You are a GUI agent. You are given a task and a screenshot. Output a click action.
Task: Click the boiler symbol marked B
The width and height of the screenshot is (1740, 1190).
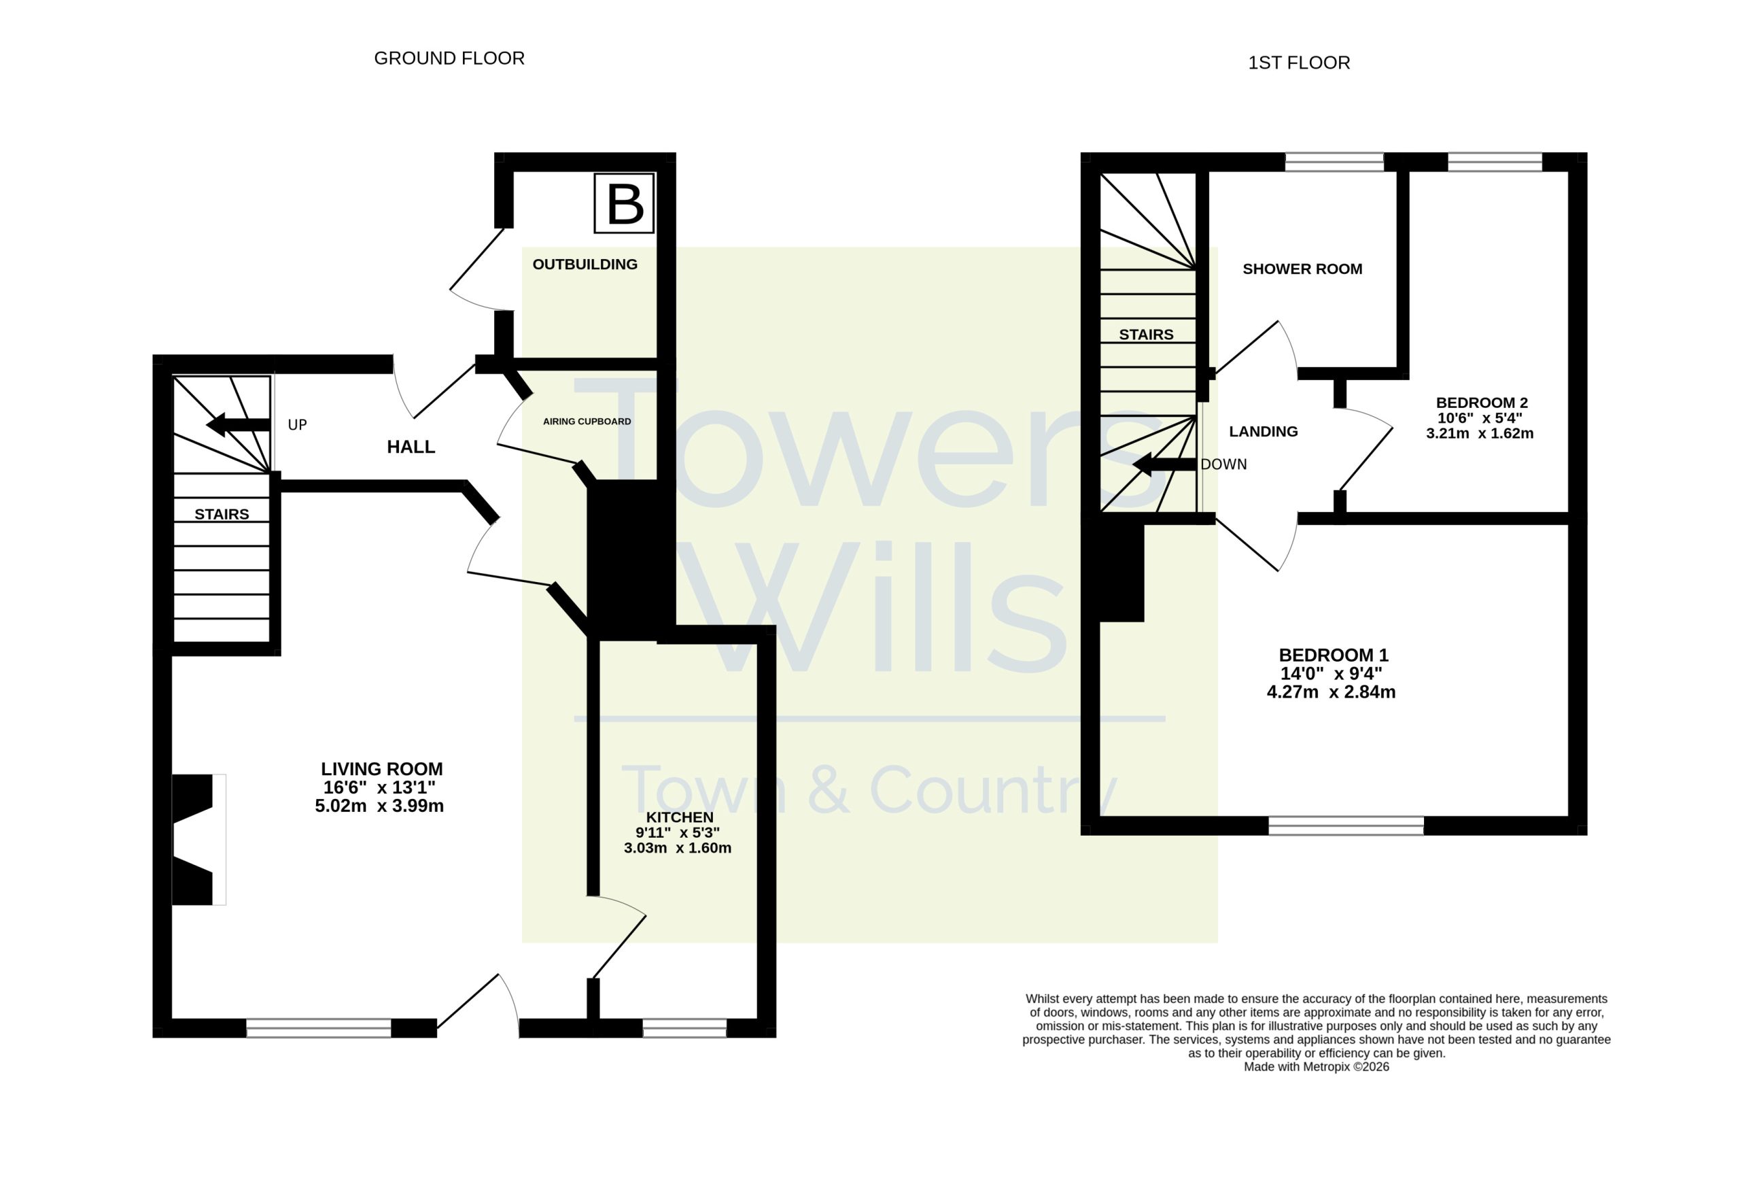click(x=625, y=203)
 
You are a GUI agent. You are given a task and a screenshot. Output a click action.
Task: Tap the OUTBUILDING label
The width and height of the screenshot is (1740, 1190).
click(x=585, y=265)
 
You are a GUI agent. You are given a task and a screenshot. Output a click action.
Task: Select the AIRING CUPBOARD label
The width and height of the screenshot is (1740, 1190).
click(x=587, y=422)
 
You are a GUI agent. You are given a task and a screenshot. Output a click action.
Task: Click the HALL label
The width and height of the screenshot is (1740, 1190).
click(x=411, y=447)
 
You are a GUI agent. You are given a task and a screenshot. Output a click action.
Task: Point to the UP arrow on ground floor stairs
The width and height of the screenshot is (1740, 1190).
click(x=238, y=424)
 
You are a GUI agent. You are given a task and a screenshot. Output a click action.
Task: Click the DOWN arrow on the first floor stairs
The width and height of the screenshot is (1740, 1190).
click(x=1164, y=464)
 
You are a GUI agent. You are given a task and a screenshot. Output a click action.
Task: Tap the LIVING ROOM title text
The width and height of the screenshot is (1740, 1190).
click(x=382, y=769)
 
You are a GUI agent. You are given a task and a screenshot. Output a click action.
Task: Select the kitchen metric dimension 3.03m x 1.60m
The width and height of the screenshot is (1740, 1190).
click(x=678, y=848)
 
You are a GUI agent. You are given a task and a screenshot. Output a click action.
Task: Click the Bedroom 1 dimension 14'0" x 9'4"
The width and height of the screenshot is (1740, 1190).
click(x=1332, y=673)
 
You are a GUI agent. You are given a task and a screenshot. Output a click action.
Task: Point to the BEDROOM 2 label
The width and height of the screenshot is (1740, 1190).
click(x=1481, y=403)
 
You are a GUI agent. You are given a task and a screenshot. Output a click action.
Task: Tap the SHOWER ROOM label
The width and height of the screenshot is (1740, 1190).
click(x=1303, y=269)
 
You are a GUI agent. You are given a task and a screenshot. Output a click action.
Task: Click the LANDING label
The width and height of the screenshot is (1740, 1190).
click(x=1264, y=431)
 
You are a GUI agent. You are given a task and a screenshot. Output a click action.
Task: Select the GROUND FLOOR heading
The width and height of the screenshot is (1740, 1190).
click(x=449, y=58)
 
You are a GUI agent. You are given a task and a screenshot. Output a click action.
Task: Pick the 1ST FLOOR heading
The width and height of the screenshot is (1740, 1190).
click(x=1299, y=63)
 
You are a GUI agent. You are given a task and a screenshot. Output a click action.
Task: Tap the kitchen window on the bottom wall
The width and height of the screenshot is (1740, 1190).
click(x=684, y=1027)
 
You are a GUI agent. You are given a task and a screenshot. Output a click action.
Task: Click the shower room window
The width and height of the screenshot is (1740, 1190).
click(x=1334, y=162)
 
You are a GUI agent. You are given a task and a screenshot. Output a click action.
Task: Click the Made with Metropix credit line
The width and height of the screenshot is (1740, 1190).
click(x=1317, y=1067)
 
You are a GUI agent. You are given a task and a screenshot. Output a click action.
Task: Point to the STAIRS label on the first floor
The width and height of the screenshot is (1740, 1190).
click(x=1146, y=335)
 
